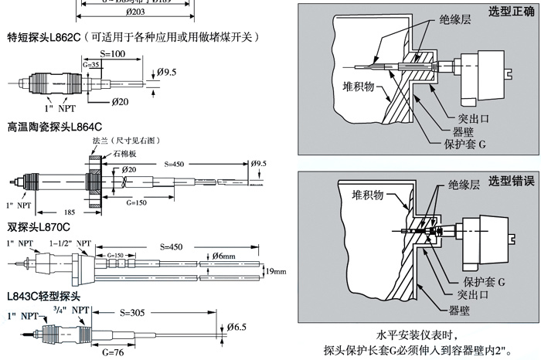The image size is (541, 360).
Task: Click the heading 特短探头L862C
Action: click(45, 37)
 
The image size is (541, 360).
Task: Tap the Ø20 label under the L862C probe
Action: click(121, 102)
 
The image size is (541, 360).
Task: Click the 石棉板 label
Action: click(126, 153)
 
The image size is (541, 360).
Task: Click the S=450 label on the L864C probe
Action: click(179, 165)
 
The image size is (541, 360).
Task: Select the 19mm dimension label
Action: click(275, 271)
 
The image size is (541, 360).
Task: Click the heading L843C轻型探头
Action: click(43, 296)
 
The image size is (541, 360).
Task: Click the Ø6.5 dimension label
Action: click(236, 327)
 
